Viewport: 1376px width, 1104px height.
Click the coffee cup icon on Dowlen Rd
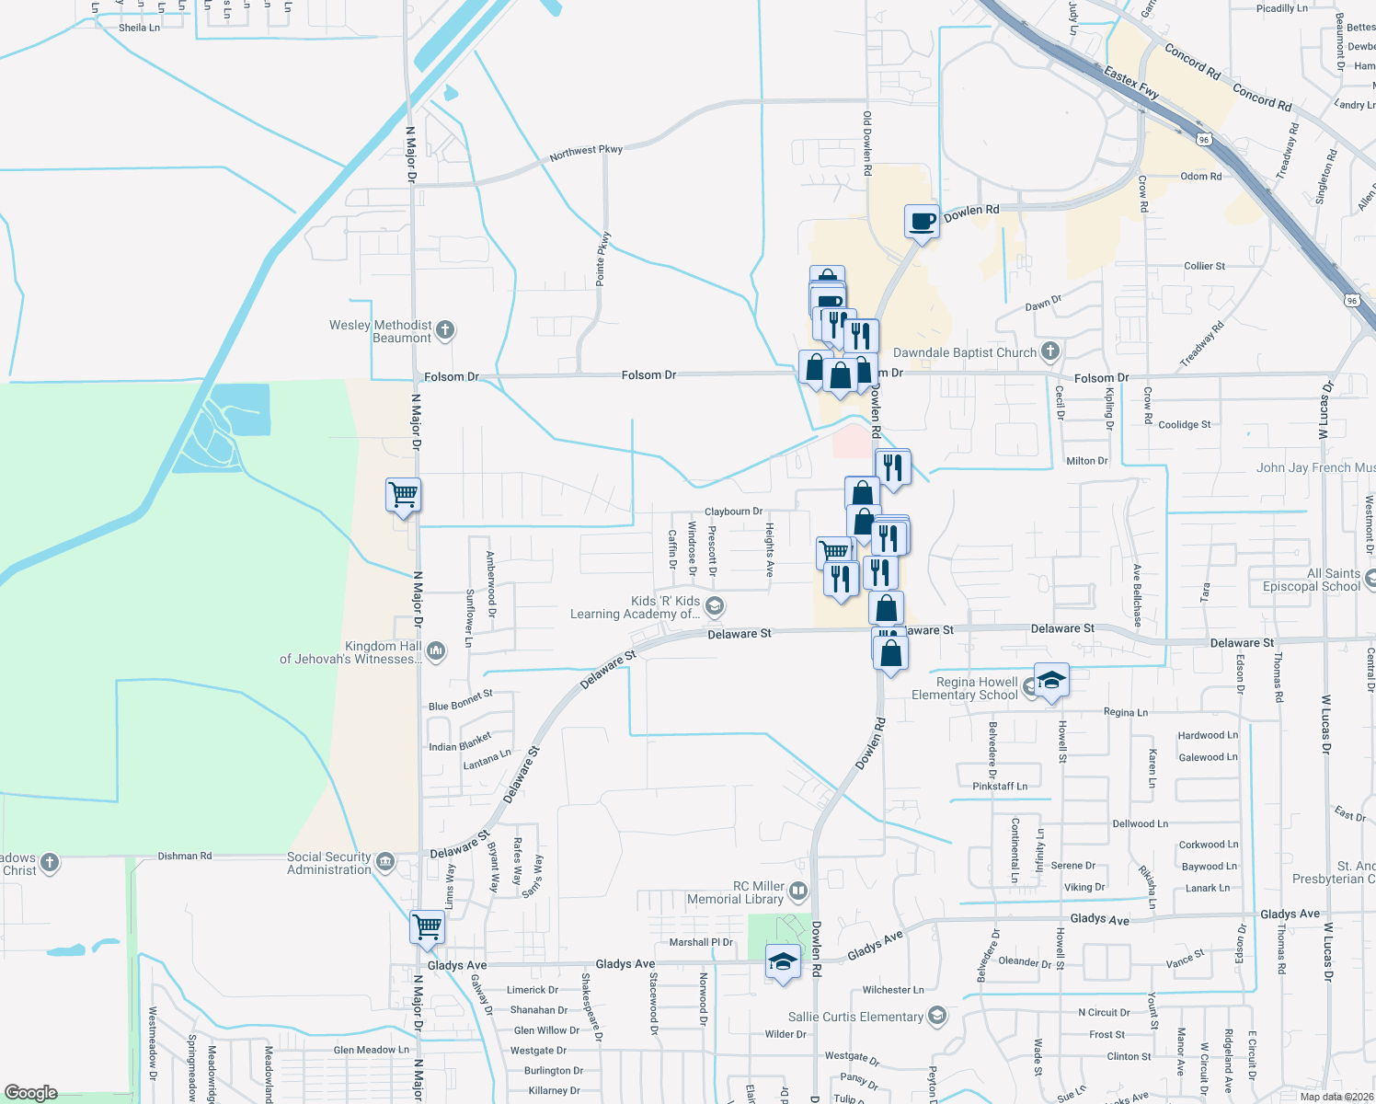tap(922, 222)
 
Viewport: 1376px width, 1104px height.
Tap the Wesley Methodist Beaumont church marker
tap(445, 330)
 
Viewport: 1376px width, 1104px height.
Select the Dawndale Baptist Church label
tap(965, 352)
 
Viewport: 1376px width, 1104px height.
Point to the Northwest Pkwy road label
tap(586, 153)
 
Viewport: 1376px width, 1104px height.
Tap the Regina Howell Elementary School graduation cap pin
tap(1051, 681)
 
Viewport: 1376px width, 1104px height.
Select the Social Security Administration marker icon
tap(385, 862)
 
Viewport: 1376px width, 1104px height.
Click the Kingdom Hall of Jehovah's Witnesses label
tap(350, 652)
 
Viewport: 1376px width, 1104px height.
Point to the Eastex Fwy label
tap(1130, 82)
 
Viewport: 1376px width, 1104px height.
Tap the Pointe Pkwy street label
tap(602, 259)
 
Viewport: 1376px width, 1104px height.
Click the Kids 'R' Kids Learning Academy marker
tap(716, 606)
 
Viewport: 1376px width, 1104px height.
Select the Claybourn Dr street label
tap(733, 512)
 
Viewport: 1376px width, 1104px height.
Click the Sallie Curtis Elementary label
tap(855, 1017)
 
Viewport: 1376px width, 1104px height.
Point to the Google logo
tap(30, 1093)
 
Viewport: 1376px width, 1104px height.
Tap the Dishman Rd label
tap(184, 856)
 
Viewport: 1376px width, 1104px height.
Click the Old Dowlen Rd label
tap(866, 144)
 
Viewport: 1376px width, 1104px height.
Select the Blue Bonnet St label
tap(460, 700)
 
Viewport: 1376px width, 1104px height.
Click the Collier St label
tap(1204, 266)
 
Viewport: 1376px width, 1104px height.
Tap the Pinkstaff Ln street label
tap(1000, 787)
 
